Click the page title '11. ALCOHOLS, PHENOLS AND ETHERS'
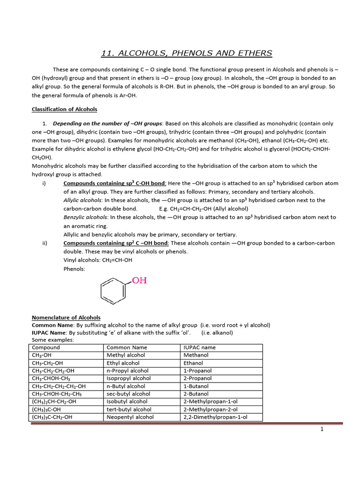point(187,53)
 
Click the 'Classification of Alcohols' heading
point(64,109)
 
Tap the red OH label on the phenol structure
point(139,281)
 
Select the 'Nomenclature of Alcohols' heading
point(66,317)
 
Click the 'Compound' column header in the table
point(46,347)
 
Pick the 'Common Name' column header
point(127,347)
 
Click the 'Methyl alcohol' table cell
point(126,355)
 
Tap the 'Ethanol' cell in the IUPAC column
point(193,363)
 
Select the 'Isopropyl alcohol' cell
point(128,378)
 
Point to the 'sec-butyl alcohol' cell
point(128,394)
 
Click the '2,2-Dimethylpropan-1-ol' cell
point(215,417)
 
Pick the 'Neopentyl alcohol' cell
point(130,417)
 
